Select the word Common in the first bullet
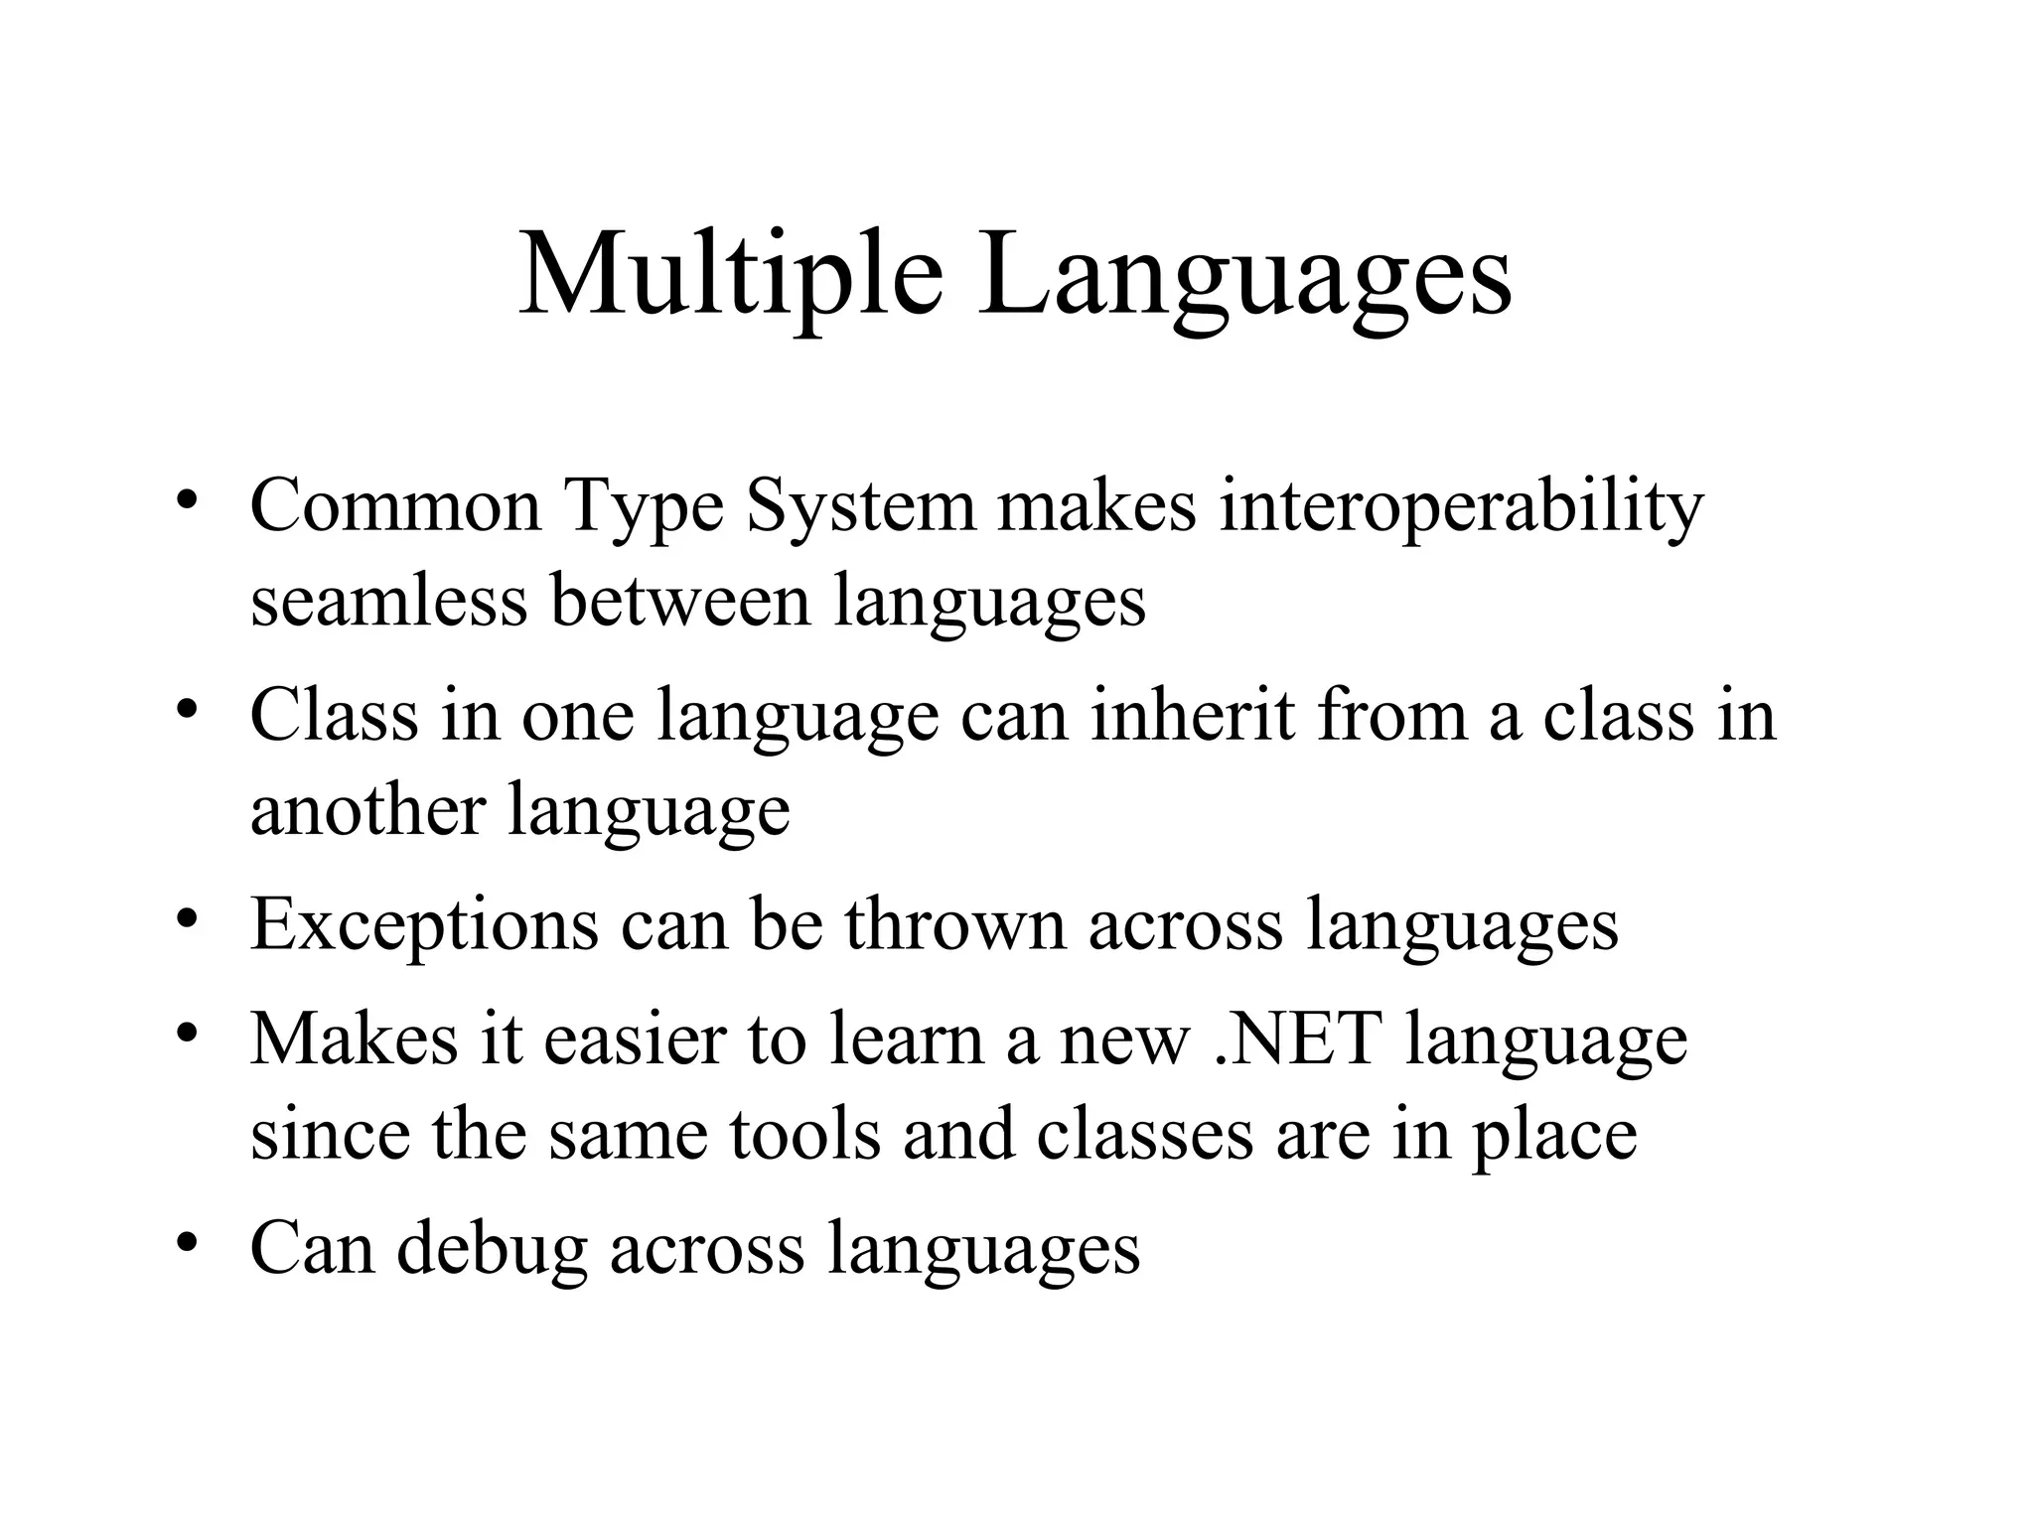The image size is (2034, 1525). tap(395, 506)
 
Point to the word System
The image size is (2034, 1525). tap(860, 506)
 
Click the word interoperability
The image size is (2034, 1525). tap(1461, 506)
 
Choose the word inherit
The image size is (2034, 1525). tap(1192, 715)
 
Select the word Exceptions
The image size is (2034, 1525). tap(424, 925)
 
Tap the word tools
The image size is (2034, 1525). tap(804, 1134)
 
